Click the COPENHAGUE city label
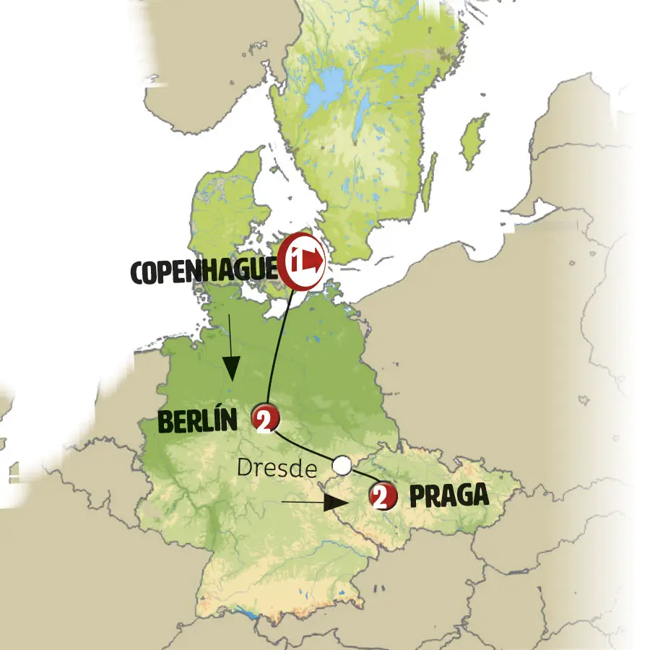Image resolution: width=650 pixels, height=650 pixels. (x=203, y=272)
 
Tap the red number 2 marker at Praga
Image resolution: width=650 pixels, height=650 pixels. (x=382, y=496)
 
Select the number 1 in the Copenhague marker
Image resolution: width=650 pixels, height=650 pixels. (x=296, y=257)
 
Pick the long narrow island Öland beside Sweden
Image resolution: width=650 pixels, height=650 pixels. (x=430, y=181)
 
